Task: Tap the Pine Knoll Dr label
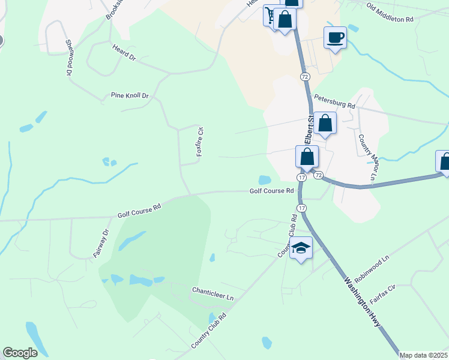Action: (129, 95)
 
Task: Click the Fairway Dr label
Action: (100, 244)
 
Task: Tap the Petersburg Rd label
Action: (334, 102)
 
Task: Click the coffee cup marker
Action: (335, 38)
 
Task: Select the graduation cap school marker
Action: (301, 248)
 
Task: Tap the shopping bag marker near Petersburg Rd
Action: (325, 123)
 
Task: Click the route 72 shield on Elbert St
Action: (305, 77)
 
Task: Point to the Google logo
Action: (20, 353)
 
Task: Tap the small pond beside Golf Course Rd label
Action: (264, 179)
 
